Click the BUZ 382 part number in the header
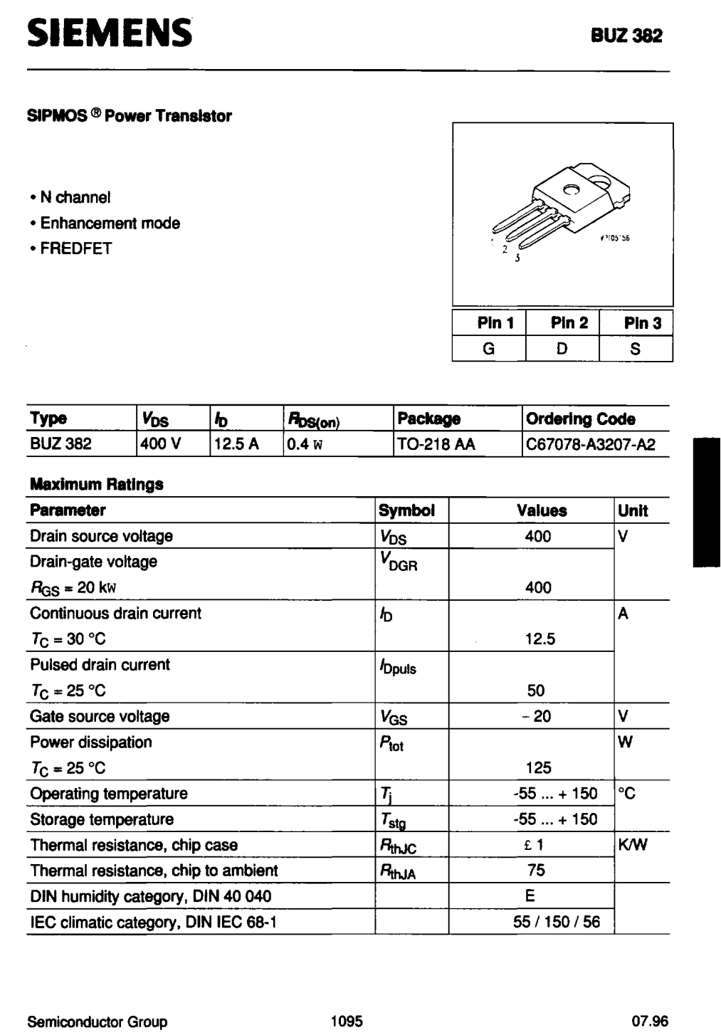pos(626,36)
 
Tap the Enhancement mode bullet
pos(110,223)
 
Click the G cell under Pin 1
pos(489,349)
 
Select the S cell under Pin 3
pos(636,349)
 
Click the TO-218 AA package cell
pos(436,444)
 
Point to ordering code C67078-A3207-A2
pos(590,444)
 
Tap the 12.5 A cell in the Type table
pos(237,444)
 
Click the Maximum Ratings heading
pos(97,484)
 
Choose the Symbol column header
pos(406,510)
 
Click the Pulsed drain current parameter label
pos(100,664)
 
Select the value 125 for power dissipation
pos(538,767)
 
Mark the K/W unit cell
pos(633,845)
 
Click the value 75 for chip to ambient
pos(537,870)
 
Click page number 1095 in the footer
pos(347,1021)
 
